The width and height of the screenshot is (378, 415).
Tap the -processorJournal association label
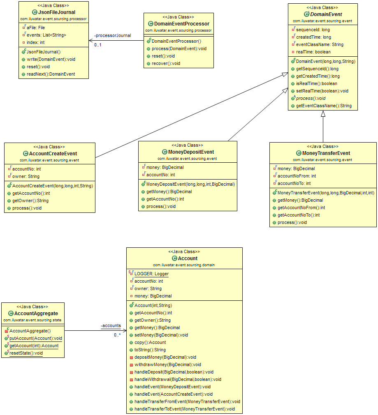pos(113,35)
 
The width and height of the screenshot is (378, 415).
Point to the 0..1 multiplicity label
pos(98,45)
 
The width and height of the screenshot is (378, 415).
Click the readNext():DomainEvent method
pos(51,74)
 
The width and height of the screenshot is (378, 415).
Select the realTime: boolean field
pos(313,52)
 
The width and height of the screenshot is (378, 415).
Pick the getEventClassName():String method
pos(324,106)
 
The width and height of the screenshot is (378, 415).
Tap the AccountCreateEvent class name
pos(52,154)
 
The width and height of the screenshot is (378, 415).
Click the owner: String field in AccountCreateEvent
pos(26,176)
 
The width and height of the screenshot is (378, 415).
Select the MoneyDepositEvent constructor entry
pos(190,184)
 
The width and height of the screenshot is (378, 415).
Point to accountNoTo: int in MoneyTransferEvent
pos(294,183)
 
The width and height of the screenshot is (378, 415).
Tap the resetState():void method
pos(26,353)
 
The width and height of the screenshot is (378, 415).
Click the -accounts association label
pos(111,325)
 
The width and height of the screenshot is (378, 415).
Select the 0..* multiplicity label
pos(118,335)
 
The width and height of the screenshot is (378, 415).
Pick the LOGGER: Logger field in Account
pos(151,274)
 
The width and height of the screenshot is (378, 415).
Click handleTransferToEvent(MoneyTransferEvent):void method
pos(184,409)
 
